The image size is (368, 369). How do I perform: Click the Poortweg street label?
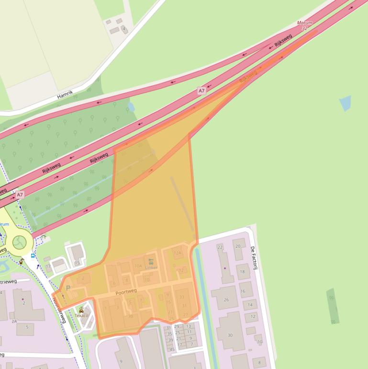coord(126,291)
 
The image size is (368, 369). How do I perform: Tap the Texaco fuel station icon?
coord(81,310)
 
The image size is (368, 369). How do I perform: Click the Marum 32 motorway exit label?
coord(304,25)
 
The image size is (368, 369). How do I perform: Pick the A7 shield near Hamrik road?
coord(201,91)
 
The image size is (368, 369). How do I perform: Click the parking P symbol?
coord(67,288)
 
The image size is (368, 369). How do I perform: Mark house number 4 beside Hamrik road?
coord(123,29)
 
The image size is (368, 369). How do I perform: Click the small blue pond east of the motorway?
coord(345,103)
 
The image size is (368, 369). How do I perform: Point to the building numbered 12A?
coord(178,253)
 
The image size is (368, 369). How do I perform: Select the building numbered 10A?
coord(138,265)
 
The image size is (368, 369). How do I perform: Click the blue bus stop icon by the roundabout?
coord(32,255)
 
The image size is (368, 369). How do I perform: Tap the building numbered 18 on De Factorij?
coord(242,272)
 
